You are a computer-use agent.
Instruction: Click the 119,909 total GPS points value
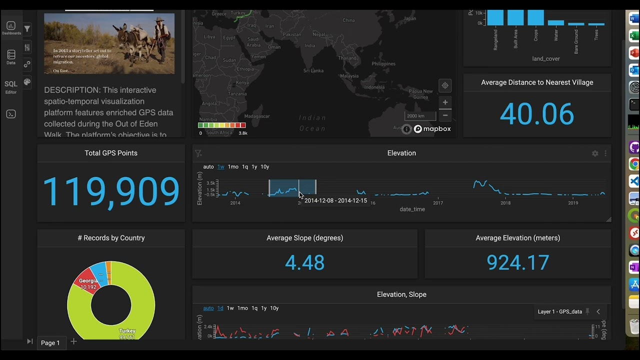111,191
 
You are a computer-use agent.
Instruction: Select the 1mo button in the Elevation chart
233,166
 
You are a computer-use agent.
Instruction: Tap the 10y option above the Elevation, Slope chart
274,308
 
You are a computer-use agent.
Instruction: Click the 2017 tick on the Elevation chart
438,202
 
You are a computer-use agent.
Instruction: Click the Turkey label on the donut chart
127,331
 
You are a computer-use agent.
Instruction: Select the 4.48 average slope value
304,262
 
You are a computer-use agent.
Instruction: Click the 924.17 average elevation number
517,262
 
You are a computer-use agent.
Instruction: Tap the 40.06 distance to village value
536,114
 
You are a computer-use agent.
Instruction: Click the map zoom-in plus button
445,102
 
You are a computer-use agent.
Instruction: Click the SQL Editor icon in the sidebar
11,86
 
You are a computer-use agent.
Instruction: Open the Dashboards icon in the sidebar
11,27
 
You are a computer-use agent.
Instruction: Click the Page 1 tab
50,342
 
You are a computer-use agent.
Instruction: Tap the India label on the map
310,45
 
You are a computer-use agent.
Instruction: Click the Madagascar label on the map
257,116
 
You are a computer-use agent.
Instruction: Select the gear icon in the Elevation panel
595,153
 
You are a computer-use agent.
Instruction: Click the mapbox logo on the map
432,129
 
